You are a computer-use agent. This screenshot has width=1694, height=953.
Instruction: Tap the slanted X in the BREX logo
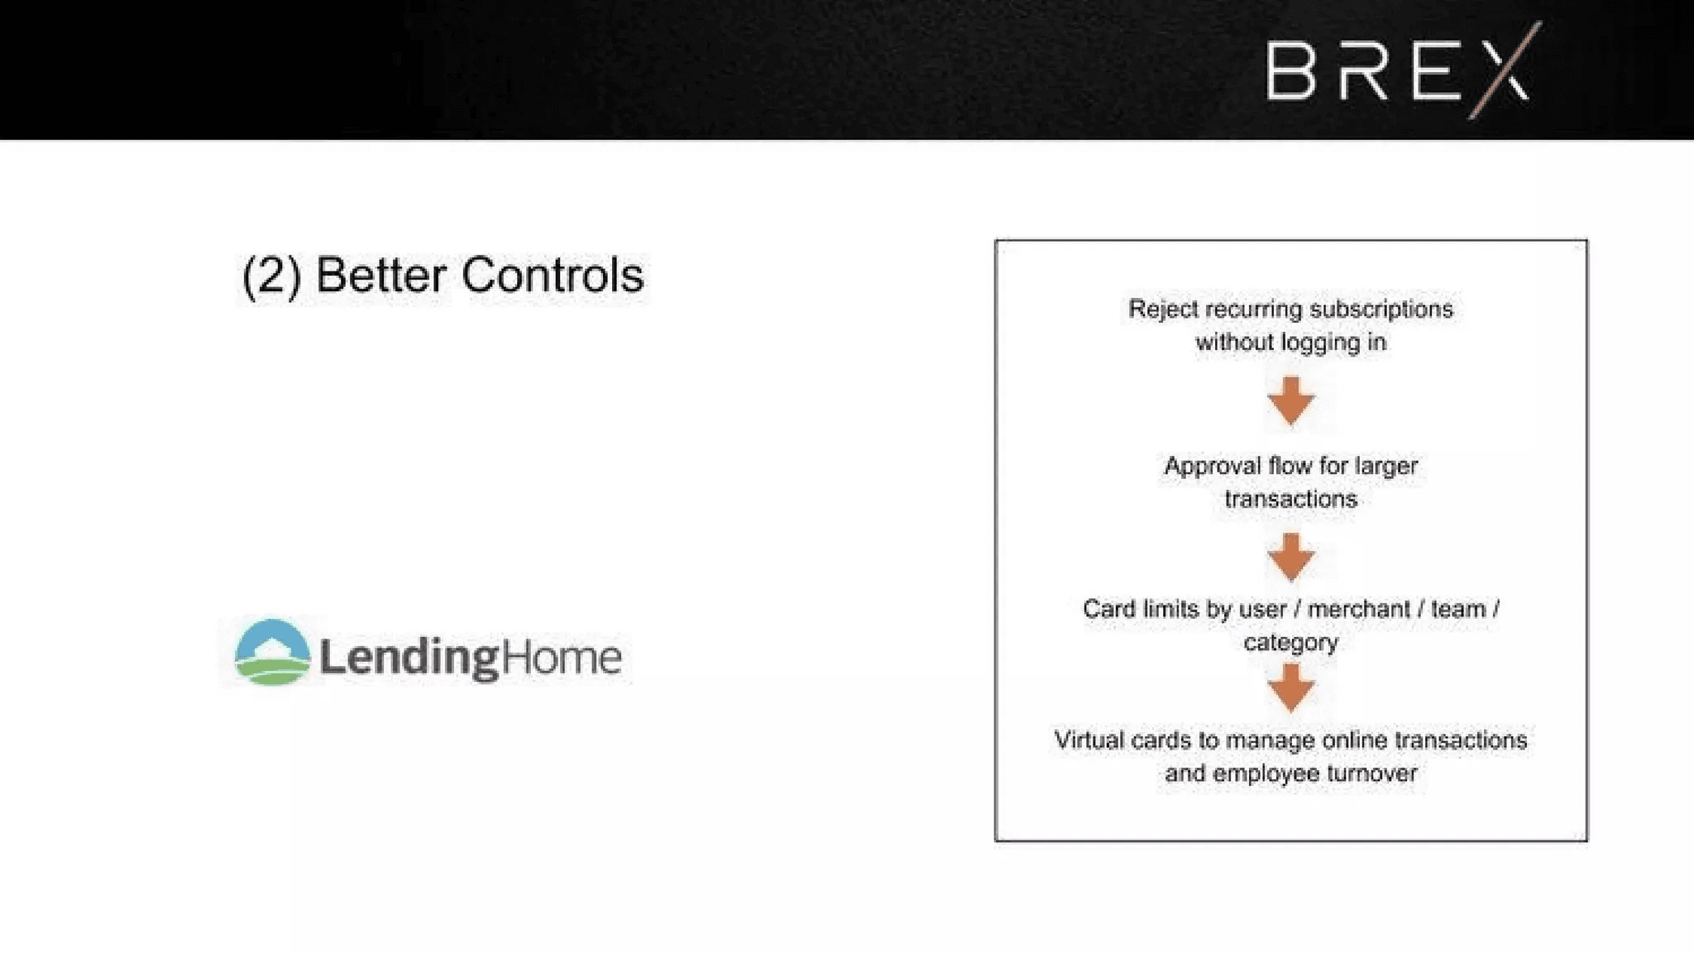click(1505, 70)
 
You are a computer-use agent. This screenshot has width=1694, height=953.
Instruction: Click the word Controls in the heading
click(553, 275)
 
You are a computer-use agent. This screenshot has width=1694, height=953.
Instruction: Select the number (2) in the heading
click(271, 276)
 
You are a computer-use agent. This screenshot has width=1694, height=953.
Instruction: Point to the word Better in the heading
click(380, 275)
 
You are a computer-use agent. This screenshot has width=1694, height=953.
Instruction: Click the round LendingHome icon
click(272, 652)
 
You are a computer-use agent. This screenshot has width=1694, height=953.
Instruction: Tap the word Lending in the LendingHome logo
click(409, 658)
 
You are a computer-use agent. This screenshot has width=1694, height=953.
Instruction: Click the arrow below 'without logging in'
click(1291, 401)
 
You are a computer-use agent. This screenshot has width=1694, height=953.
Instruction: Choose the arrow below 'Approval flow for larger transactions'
click(1291, 557)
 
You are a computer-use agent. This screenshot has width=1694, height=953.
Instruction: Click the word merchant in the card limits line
click(1359, 610)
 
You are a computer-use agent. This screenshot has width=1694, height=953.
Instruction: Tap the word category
click(1291, 643)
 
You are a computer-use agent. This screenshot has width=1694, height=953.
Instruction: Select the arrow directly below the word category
click(1291, 688)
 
